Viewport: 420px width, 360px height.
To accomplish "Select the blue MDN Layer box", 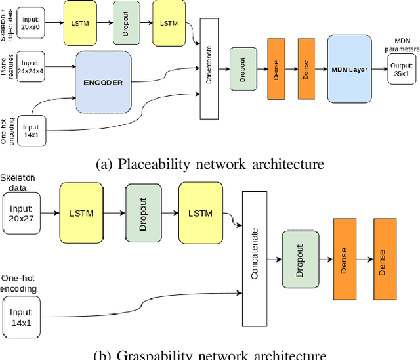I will coord(356,70).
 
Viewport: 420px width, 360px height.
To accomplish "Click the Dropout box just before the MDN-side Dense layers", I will coord(243,69).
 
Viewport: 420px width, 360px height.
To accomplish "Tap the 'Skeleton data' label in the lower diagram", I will coord(18,183).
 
